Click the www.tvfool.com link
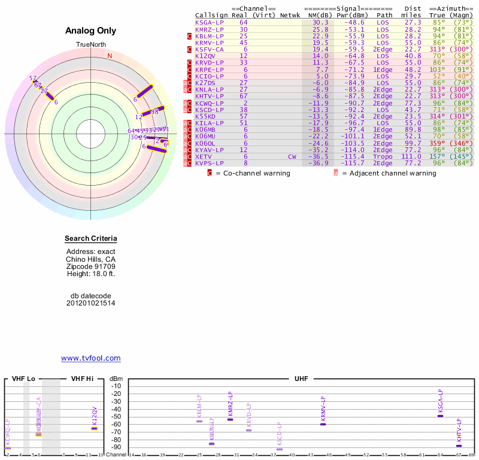pos(90,358)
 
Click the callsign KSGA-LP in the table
pos(210,22)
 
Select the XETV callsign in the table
pos(204,156)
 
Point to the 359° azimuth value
pos(439,143)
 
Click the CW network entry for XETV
pos(292,156)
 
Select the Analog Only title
pos(91,31)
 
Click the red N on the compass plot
pos(110,56)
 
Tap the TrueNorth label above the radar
pos(90,45)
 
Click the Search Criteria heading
pos(91,239)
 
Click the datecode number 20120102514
pos(91,303)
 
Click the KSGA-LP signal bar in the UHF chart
pos(440,416)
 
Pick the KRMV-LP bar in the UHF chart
pos(323,424)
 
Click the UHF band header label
pos(301,379)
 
